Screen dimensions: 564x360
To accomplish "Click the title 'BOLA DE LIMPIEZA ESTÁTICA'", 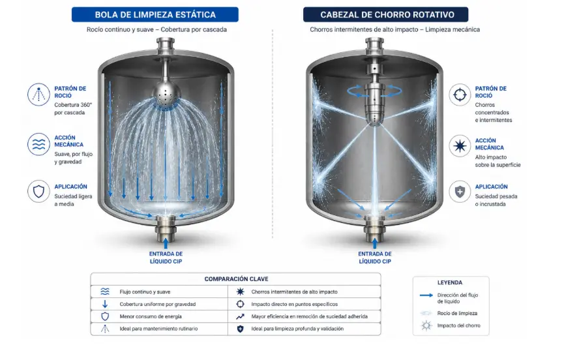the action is [x=155, y=15].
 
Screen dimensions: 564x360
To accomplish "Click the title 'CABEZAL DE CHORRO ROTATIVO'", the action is [x=387, y=15].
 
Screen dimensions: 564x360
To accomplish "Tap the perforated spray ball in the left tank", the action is [x=165, y=94].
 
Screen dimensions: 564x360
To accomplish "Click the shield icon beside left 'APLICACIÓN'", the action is [x=38, y=191].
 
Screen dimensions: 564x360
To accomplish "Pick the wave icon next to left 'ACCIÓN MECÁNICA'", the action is [x=38, y=144].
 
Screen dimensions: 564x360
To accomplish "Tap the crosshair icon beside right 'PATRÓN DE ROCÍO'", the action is [x=460, y=95].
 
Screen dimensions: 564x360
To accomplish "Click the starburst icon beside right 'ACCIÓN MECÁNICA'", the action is [x=460, y=146].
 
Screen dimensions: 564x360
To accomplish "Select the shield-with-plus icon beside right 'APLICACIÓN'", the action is [x=460, y=192].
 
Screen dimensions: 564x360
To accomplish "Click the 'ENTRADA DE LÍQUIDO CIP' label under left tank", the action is [x=166, y=258].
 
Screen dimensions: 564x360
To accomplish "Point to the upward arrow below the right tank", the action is [x=374, y=243].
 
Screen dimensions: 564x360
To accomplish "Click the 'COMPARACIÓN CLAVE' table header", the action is [x=236, y=278].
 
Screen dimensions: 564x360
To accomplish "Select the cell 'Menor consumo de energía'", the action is [x=151, y=316].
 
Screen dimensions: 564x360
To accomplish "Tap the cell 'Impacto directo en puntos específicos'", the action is [x=294, y=305].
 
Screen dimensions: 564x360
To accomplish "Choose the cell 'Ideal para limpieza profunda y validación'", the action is [x=297, y=329].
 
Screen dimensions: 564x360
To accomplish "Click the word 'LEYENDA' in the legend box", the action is [x=450, y=282].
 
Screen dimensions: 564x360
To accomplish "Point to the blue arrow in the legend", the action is [x=426, y=295].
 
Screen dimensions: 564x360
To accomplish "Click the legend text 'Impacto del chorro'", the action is [x=458, y=325].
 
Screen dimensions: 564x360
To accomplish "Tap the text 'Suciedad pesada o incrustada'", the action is [x=496, y=200].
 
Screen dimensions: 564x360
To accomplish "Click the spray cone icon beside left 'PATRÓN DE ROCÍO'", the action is [x=38, y=95].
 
